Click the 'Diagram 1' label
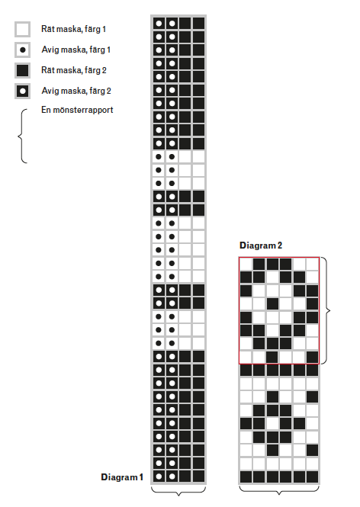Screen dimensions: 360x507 coord(122,477)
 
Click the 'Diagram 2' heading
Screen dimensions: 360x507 coord(261,245)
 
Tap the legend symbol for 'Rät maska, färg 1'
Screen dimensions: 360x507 coord(23,30)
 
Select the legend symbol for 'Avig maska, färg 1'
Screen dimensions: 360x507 coord(23,50)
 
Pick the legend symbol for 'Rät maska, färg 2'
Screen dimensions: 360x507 coord(23,70)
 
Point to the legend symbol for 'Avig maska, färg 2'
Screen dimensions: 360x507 coord(23,91)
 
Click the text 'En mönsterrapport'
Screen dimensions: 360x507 coord(77,110)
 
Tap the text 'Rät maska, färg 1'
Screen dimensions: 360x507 coord(74,29)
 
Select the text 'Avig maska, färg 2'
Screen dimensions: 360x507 coord(76,91)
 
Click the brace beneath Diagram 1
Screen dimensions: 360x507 coord(178,492)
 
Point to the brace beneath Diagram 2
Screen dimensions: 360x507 coord(279,490)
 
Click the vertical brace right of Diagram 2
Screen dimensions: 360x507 coord(327,311)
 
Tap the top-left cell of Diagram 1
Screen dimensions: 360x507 coord(159,24)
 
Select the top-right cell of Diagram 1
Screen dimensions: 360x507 coord(199,24)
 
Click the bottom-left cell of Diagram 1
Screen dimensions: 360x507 coord(159,477)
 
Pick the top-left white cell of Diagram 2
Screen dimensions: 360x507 coord(246,264)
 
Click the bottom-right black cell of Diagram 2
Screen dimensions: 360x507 coord(313,477)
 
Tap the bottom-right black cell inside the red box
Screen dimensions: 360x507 coord(313,358)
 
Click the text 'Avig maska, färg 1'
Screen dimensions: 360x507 coord(76,50)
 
